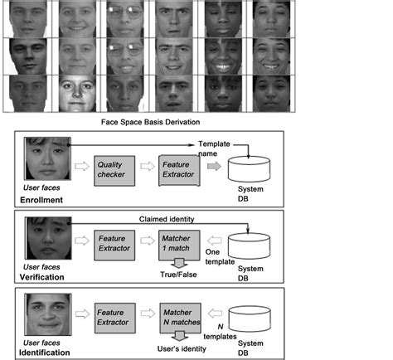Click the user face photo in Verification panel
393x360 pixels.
tap(47, 236)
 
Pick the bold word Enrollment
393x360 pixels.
tap(46, 201)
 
